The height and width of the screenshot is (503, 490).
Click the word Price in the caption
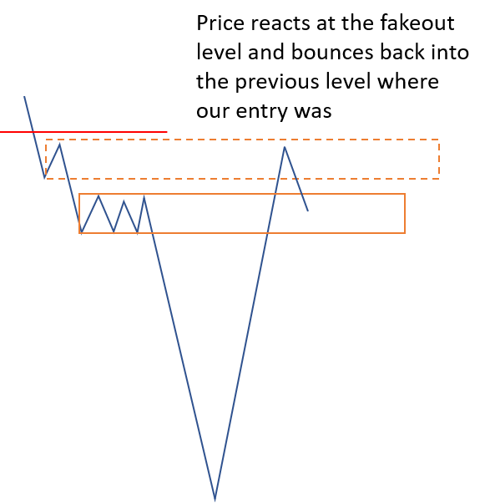[x=220, y=23]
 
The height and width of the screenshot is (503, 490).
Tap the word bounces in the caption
[x=332, y=52]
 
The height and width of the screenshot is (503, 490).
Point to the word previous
[x=277, y=82]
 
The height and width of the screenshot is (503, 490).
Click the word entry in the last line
[x=261, y=111]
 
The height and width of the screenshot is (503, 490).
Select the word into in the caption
[x=450, y=52]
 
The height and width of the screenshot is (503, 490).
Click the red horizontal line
[x=83, y=131]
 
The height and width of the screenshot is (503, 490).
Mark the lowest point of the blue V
[x=215, y=499]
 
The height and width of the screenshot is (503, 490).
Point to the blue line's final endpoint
[x=308, y=211]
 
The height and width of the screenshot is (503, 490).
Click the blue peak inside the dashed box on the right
[x=285, y=147]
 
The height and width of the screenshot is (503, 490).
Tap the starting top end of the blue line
[x=24, y=96]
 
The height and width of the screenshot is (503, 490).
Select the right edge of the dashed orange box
[x=438, y=159]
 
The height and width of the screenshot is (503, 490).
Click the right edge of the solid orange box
[x=405, y=213]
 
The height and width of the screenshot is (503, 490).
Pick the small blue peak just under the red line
[x=59, y=145]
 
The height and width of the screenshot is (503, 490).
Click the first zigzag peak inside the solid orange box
[x=99, y=196]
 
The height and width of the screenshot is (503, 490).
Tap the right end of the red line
[x=167, y=131]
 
